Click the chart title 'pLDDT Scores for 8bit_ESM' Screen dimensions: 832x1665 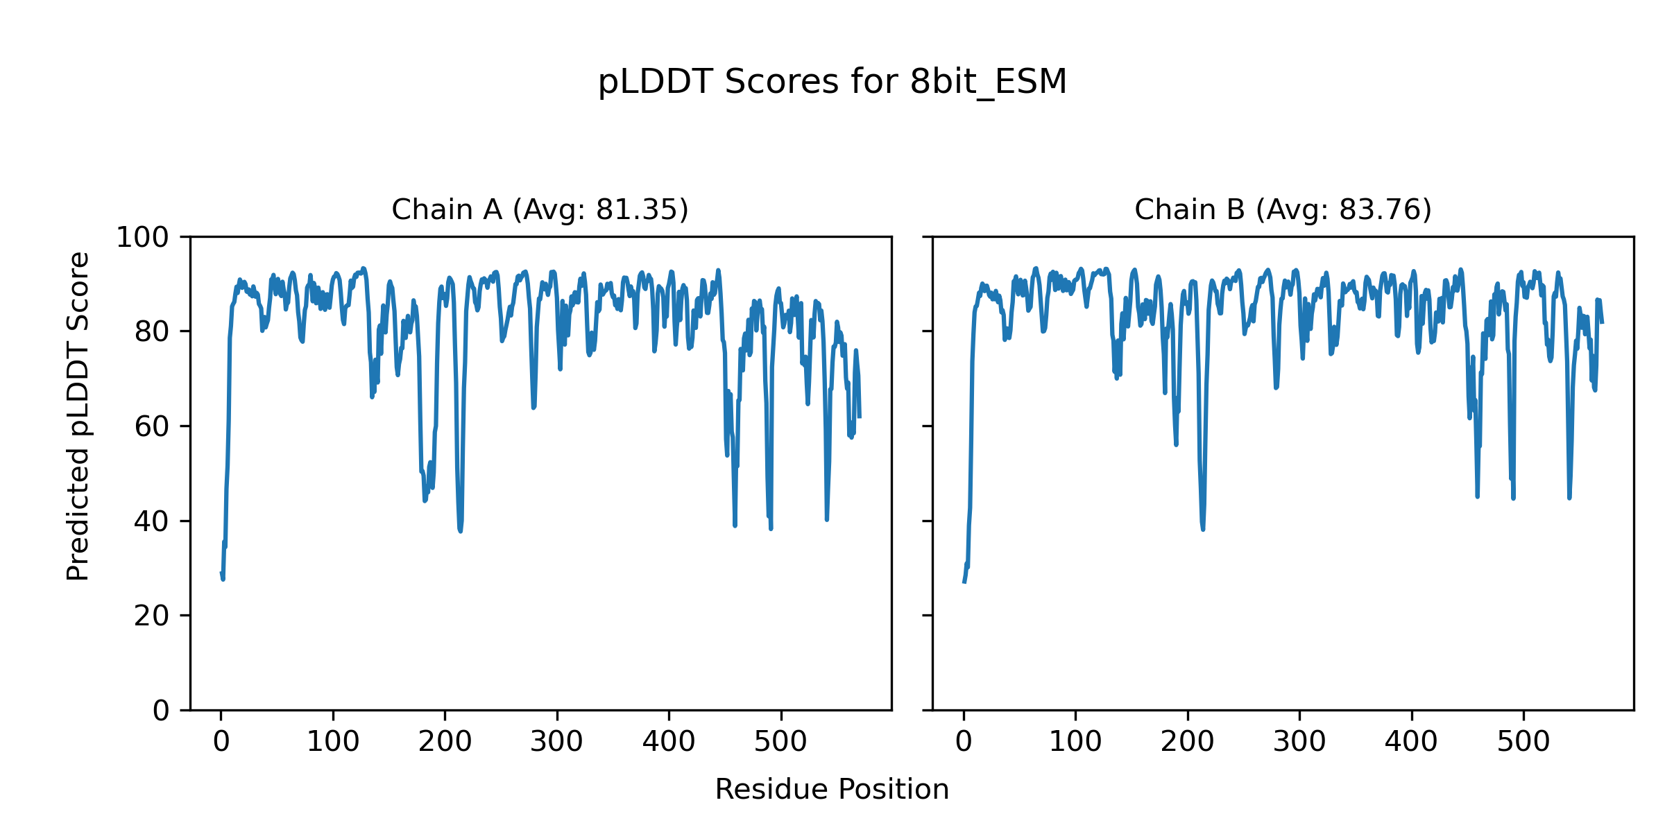[x=832, y=83]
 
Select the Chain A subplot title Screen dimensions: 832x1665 [x=540, y=209]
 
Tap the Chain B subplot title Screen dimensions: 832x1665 [x=1283, y=209]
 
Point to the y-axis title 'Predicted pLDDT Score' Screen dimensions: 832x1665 [x=78, y=416]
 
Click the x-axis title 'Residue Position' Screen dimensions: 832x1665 [x=832, y=789]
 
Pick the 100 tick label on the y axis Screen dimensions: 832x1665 [x=142, y=238]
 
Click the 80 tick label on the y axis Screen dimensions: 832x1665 [x=151, y=332]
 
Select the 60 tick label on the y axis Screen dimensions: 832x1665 [x=151, y=427]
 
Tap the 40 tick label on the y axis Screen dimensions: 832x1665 [x=151, y=521]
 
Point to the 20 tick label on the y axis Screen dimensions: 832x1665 [x=151, y=616]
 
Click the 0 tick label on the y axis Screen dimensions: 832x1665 [x=160, y=711]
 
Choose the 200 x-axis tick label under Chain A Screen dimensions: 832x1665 [x=445, y=742]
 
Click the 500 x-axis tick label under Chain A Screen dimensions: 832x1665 [x=781, y=742]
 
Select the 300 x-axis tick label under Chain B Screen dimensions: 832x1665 [x=1299, y=742]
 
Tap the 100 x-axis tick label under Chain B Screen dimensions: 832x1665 [x=1075, y=742]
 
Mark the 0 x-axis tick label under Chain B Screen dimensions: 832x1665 [x=964, y=742]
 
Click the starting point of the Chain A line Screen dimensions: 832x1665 [x=221, y=573]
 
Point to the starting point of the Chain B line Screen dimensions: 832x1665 [x=964, y=582]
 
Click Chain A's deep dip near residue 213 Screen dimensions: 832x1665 [x=460, y=530]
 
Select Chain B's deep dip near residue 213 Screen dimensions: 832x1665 [x=1202, y=529]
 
